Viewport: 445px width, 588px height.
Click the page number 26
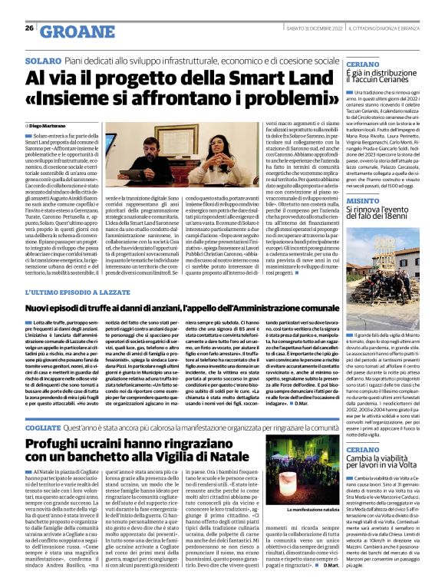[29, 28]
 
